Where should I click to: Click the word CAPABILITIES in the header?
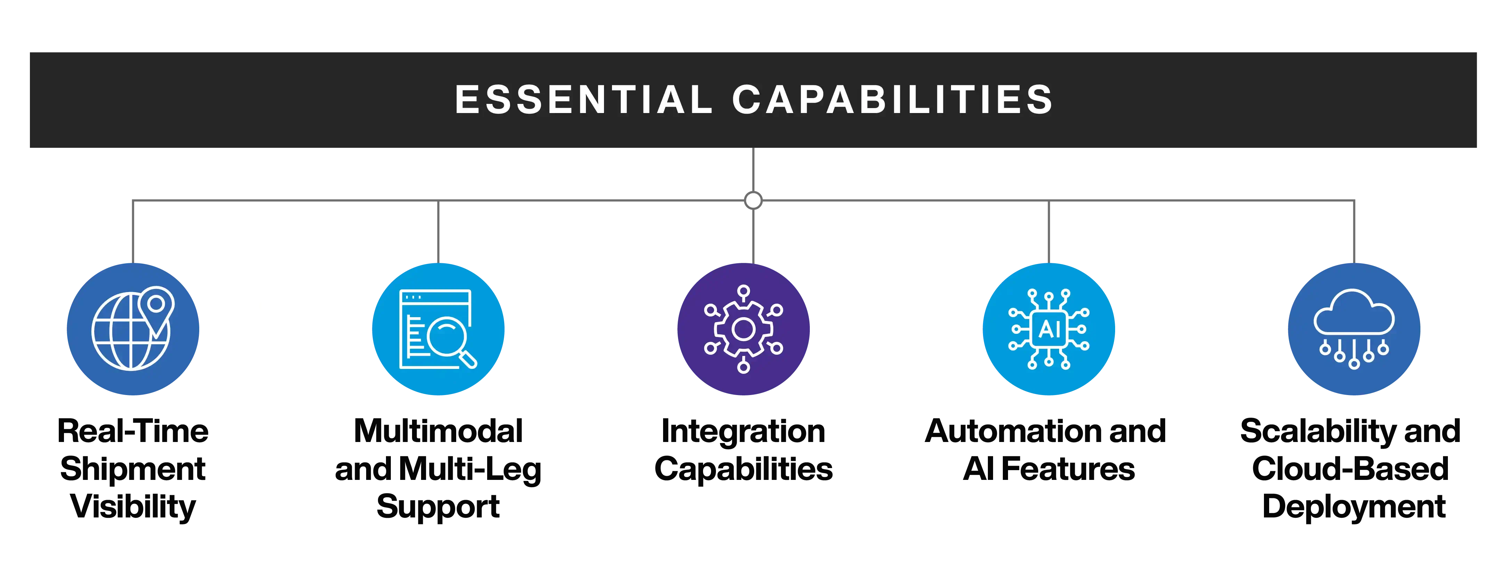tap(892, 99)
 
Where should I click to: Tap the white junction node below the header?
tap(753, 200)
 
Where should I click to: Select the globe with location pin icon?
tap(134, 329)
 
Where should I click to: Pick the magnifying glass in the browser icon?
tap(450, 339)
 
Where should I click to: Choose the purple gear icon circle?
tap(743, 329)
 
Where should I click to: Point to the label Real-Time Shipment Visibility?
tap(134, 468)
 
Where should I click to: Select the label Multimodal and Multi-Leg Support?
tap(438, 468)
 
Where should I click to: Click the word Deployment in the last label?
tap(1354, 506)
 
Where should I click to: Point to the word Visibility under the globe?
tap(134, 506)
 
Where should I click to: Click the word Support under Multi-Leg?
tap(438, 506)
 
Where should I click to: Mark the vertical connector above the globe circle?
tap(134, 231)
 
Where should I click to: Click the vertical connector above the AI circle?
tap(1048, 231)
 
